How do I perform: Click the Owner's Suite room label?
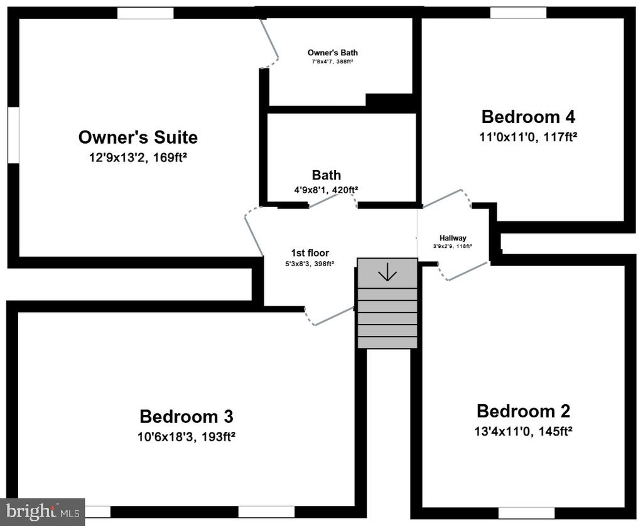(138, 137)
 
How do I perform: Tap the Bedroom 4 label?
(528, 117)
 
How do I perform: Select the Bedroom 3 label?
(186, 417)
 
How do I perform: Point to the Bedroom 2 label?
(523, 411)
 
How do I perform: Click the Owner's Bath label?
(333, 53)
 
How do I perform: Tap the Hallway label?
(453, 238)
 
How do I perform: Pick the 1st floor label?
(310, 253)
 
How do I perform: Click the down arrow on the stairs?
(387, 272)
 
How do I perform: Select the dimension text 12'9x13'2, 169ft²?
(138, 158)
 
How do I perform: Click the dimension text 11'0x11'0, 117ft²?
(528, 137)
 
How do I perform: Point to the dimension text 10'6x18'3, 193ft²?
(186, 437)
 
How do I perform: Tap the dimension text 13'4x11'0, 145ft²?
(523, 431)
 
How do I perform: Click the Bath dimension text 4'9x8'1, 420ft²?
(326, 190)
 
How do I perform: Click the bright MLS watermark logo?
(42, 512)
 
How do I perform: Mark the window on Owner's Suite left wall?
(13, 136)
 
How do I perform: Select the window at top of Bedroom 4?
(518, 13)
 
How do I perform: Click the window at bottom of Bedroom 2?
(527, 513)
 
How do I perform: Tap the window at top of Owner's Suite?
(146, 13)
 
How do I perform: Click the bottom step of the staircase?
(387, 343)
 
